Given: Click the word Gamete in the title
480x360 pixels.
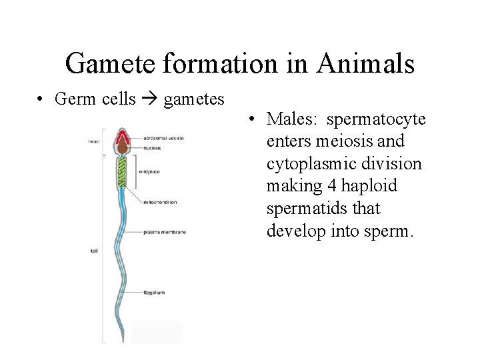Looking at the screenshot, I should (x=111, y=64).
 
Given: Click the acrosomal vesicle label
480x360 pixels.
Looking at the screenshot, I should (x=163, y=138).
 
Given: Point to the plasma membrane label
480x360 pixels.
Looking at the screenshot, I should (x=163, y=233).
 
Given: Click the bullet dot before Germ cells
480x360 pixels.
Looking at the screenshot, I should (x=41, y=101).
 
